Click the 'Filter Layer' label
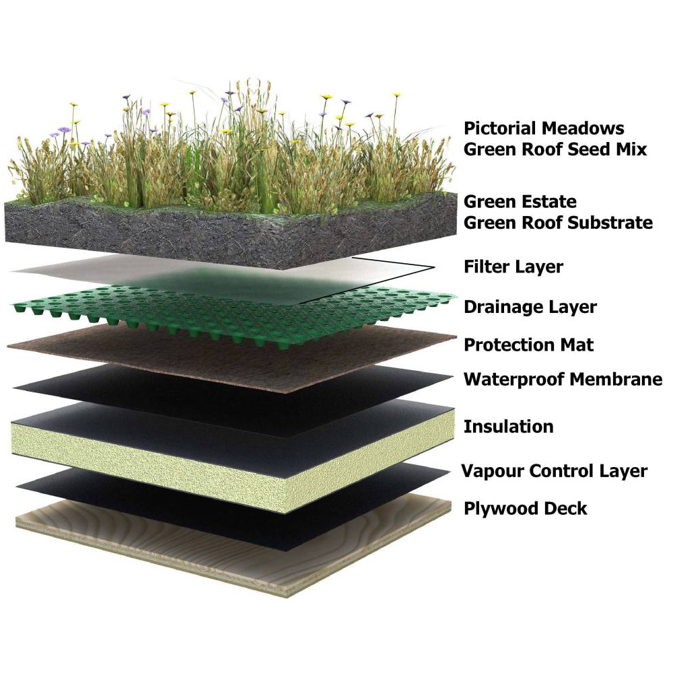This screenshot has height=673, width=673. click(513, 267)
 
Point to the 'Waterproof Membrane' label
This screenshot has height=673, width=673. click(563, 380)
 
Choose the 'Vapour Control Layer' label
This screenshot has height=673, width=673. click(554, 471)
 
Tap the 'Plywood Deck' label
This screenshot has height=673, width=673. click(526, 508)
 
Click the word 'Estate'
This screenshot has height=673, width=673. click(549, 202)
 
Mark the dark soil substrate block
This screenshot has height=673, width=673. click(168, 229)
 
